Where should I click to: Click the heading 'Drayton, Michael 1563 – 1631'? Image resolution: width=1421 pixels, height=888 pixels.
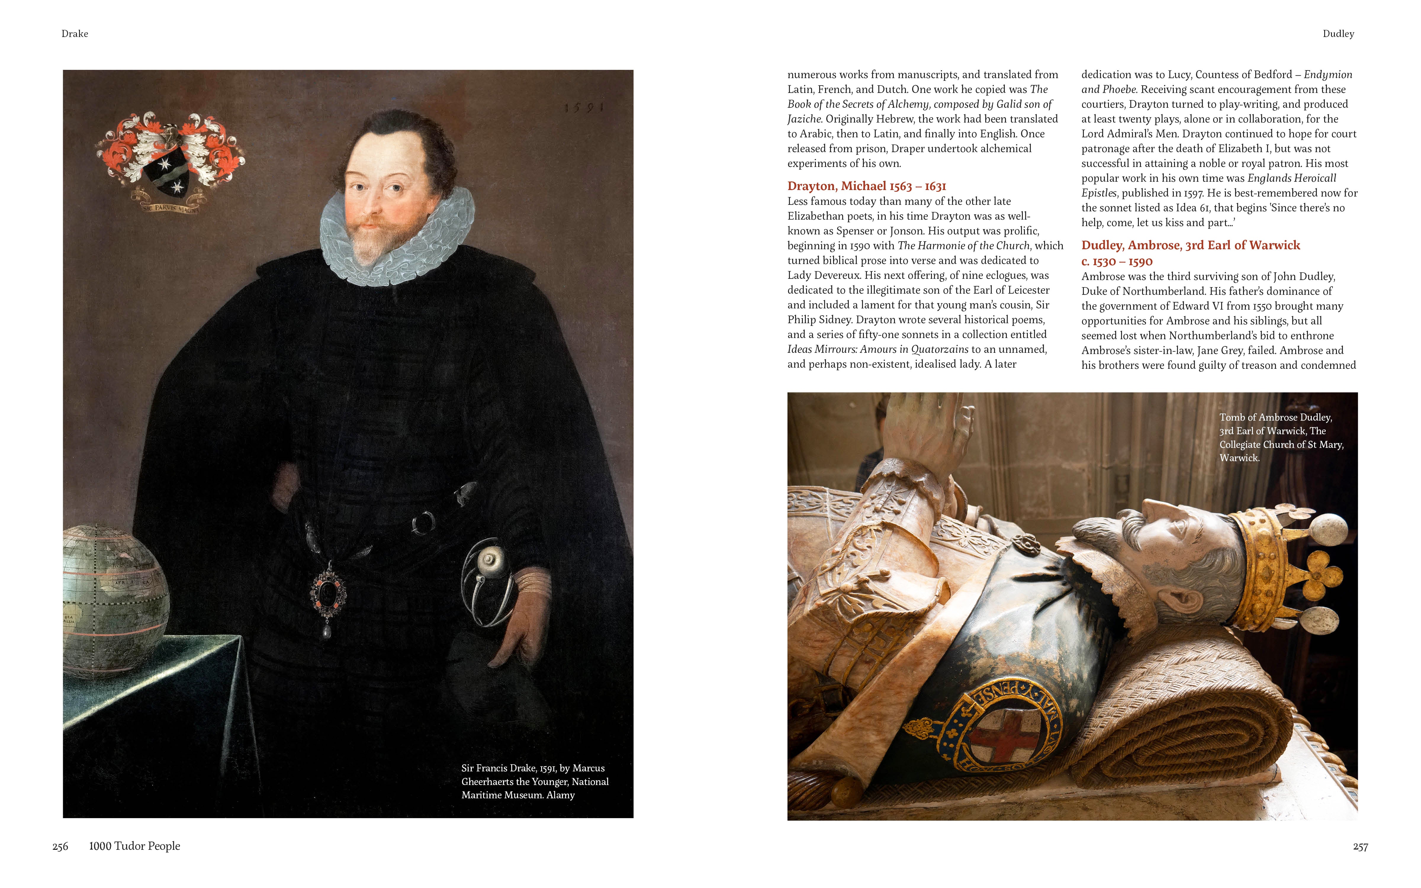[867, 186]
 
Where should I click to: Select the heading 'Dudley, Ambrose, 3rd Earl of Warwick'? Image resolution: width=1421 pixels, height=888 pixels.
[1190, 245]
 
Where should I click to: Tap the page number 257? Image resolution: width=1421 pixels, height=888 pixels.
[1360, 846]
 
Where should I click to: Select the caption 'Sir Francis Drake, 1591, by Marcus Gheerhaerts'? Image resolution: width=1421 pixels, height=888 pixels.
[534, 781]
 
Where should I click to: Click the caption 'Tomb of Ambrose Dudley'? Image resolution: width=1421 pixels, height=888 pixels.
[1280, 437]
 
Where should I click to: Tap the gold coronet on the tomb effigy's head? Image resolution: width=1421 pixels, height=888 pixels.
[1280, 570]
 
